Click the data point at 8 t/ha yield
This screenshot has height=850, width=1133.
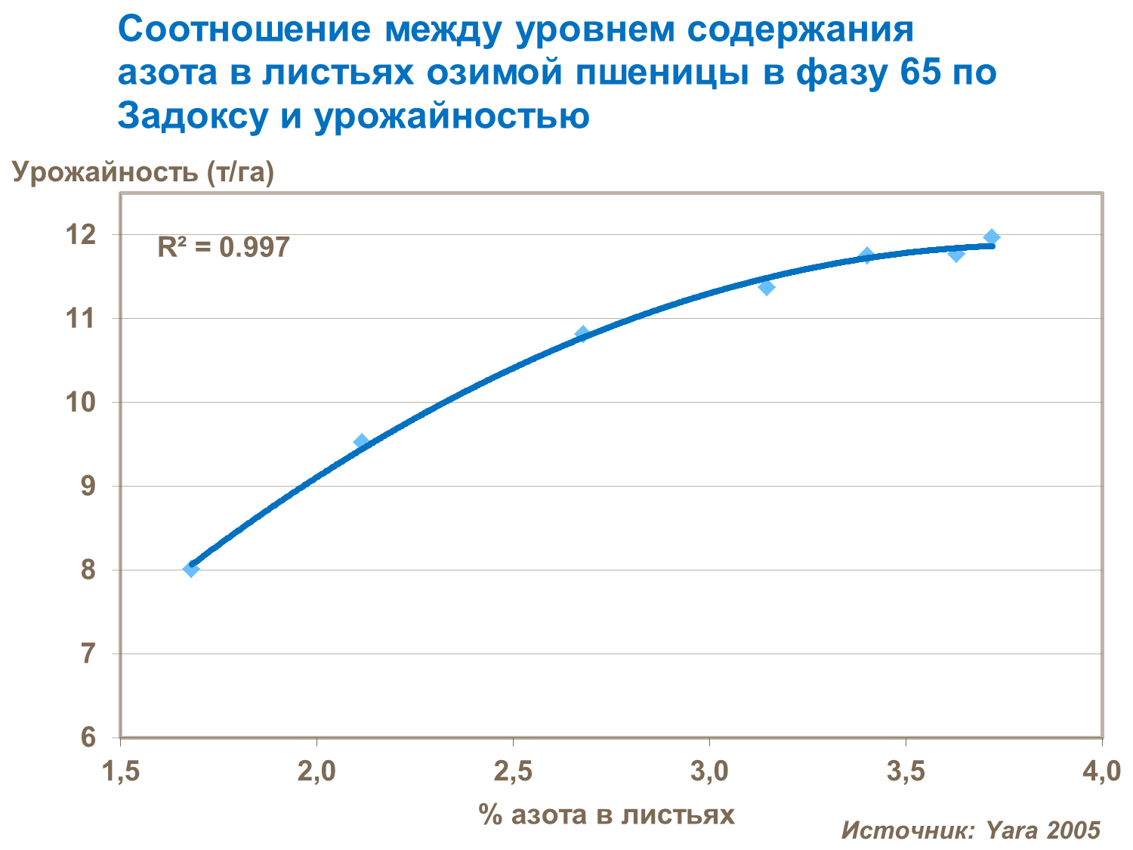click(x=191, y=569)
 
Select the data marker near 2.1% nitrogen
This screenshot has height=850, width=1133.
click(x=361, y=442)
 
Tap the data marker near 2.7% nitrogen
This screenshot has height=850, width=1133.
click(x=582, y=334)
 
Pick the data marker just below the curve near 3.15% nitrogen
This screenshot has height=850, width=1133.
click(x=767, y=287)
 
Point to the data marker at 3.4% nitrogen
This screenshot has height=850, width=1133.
click(x=867, y=255)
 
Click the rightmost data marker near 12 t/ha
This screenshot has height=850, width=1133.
click(x=992, y=237)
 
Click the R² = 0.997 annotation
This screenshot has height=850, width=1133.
click(x=223, y=247)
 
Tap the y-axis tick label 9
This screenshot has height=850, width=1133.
click(x=88, y=486)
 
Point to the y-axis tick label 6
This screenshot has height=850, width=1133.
click(x=88, y=737)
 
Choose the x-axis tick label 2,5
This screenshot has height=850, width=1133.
click(x=513, y=772)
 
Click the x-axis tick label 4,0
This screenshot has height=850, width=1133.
click(x=1101, y=772)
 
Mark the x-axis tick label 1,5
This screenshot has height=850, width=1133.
click(x=121, y=772)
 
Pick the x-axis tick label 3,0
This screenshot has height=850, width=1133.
click(x=709, y=772)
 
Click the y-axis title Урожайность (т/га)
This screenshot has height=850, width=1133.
click(x=143, y=172)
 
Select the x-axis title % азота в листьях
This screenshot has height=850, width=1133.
click(x=606, y=814)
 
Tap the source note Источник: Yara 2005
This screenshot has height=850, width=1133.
click(x=971, y=830)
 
